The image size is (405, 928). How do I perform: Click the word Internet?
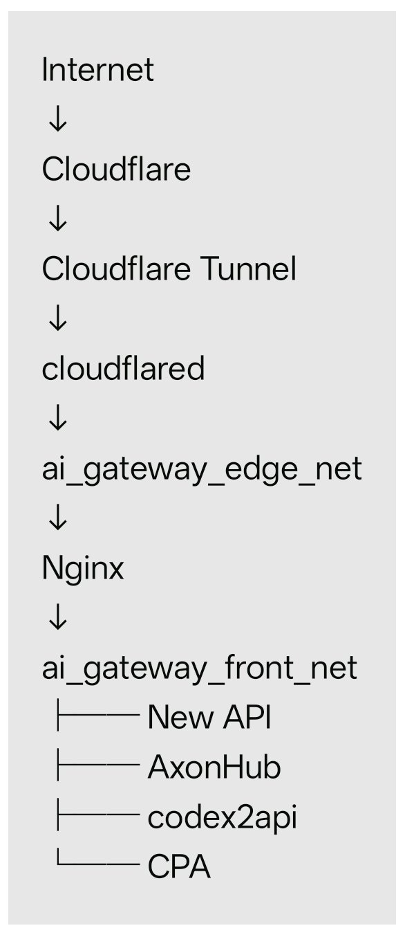point(97,69)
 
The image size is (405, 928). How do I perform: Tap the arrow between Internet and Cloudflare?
point(57,119)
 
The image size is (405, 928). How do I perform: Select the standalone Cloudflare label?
point(116,169)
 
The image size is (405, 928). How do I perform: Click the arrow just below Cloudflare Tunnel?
point(57,318)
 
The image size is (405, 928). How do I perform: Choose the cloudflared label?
point(123,368)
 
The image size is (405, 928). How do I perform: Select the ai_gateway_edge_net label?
point(202,470)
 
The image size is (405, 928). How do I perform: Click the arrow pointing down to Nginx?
point(57,517)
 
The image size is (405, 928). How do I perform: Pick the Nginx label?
point(83,570)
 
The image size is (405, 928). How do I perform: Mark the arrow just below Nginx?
point(57,617)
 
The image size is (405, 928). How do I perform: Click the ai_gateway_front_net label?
point(200,668)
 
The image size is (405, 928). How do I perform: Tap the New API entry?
point(209,717)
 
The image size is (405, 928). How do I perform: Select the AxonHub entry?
point(214,767)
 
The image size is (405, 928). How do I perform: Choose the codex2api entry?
point(223,818)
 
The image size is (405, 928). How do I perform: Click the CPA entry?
point(179,866)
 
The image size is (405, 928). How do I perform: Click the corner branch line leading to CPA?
point(98,864)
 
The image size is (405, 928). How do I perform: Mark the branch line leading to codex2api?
point(98,815)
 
